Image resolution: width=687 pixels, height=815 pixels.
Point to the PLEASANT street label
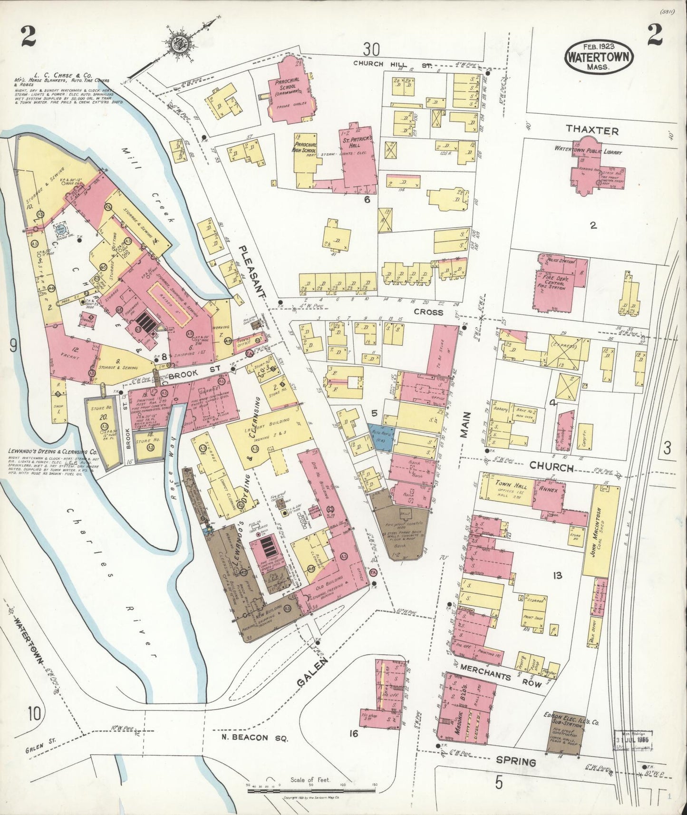coord(252,271)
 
